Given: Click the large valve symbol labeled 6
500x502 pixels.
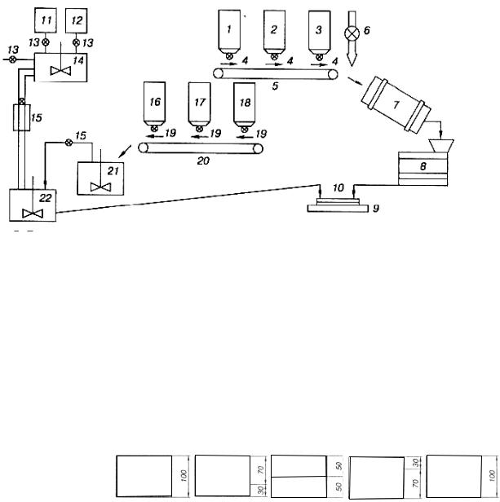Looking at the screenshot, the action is [352, 33].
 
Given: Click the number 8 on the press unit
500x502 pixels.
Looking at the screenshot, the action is [423, 166].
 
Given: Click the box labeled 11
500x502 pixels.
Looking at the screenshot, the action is [46, 20].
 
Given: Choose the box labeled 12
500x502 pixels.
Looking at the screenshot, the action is [77, 20].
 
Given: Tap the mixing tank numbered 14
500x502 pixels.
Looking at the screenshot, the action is [60, 67].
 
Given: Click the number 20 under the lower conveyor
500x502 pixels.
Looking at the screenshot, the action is [203, 161].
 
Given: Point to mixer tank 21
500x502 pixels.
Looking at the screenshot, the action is [100, 178].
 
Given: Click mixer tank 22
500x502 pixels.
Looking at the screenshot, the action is [33, 205].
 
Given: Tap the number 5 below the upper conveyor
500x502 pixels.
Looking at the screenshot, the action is [275, 86].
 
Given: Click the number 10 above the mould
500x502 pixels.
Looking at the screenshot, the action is [338, 187].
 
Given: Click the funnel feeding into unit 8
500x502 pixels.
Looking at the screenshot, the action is [441, 146].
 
